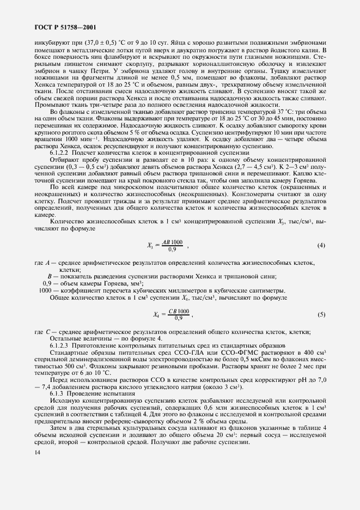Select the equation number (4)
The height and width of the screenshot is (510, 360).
321,246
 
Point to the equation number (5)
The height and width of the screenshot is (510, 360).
321,314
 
